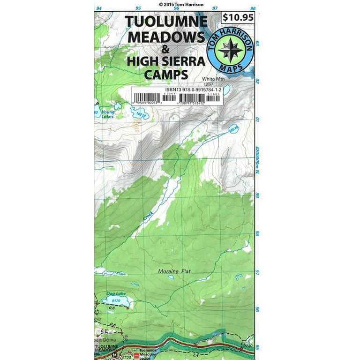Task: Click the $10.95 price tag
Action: point(238,18)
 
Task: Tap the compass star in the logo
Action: point(231,49)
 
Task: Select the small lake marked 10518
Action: point(232,128)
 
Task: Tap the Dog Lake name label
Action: point(113,293)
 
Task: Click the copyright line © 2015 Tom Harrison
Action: point(180,4)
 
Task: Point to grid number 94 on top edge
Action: point(98,8)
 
